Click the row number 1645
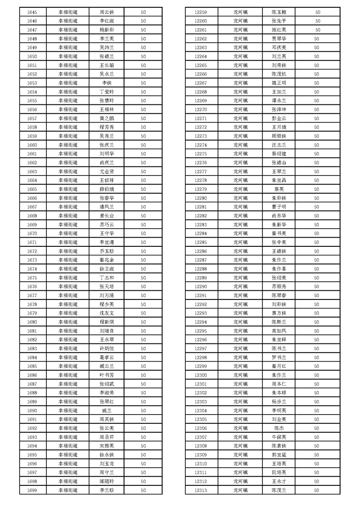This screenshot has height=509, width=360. tap(32, 12)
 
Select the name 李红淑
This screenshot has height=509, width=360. tap(107, 21)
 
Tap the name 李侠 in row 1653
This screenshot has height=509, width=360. tap(107, 83)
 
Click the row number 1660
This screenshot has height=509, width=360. tap(32, 145)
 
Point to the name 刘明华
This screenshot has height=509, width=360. tap(107, 154)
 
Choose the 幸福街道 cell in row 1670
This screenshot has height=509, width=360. tap(68, 233)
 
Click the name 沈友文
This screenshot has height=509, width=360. tap(107, 313)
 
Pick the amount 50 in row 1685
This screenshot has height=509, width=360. tap(143, 366)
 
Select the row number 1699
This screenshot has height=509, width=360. tap(32, 490)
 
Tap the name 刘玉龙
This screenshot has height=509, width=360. tap(107, 464)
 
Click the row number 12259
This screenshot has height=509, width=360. tap(201, 12)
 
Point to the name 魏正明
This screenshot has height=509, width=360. tap(279, 83)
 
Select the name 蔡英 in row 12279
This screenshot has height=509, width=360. tap(279, 189)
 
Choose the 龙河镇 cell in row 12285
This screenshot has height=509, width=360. tap(241, 242)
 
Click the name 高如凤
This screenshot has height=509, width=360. tap(279, 331)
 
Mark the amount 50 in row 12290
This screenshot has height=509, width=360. tap(316, 286)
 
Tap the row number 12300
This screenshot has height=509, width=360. tap(201, 375)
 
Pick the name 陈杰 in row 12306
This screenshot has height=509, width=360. tap(279, 428)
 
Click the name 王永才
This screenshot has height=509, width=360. tap(279, 481)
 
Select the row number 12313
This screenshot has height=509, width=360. tap(201, 490)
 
